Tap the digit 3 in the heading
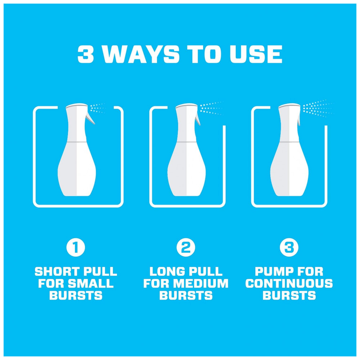coord(86,54)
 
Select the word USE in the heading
coord(256,54)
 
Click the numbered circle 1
coord(76,247)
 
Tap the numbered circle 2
coord(186,247)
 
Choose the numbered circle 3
coord(289,247)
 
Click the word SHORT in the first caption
coord(57,271)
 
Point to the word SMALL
coord(90,283)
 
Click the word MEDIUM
coord(201,283)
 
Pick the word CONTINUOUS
coord(289,283)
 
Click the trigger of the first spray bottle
coord(90,118)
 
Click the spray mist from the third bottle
coord(317,108)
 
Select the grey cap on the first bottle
coord(77,105)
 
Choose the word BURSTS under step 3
coord(289,295)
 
